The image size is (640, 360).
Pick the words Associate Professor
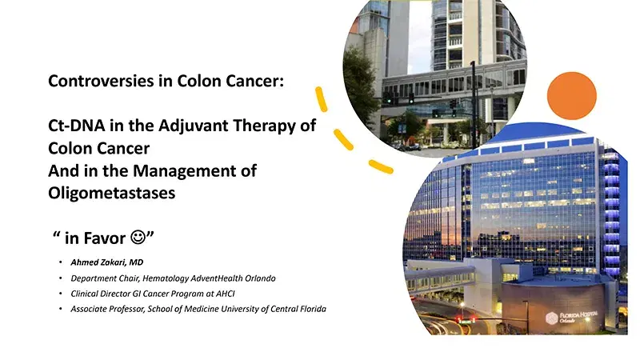click(111, 308)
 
